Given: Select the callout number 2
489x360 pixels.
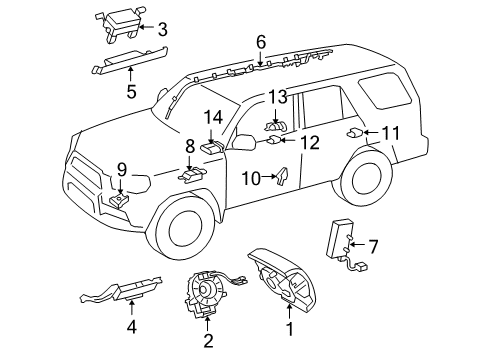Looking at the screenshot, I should pos(208,341).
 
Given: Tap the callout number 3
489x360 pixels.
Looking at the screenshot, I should pos(162,28).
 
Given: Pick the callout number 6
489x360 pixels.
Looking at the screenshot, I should pos(260,42).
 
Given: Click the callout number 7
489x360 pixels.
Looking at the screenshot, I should pos(374,245).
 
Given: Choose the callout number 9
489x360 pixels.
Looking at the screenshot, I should pos(121,169).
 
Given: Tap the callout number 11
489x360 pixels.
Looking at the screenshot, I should pos(390,132).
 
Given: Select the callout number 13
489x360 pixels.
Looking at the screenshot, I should pos(276,96).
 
